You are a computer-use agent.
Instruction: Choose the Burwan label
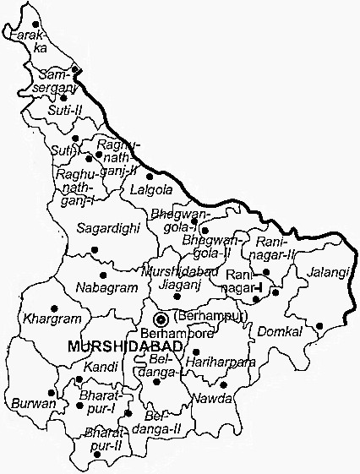pos(34,403)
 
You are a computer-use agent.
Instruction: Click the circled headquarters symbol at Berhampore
pos(161,318)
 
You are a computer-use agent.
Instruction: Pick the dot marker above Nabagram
pos(104,275)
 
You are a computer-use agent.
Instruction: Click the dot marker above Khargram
pos(55,307)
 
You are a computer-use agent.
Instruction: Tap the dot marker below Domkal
pos(319,325)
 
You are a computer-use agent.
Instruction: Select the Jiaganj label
pos(173,286)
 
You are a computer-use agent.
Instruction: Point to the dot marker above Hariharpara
pos(196,351)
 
